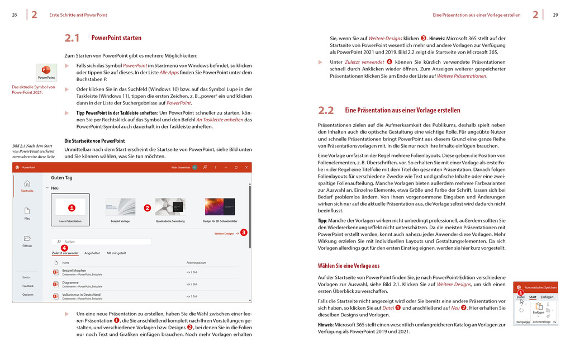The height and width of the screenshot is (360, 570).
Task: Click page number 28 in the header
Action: pos(14,15)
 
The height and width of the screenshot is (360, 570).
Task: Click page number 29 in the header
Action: pos(555,15)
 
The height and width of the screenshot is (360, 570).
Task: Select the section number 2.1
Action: pos(72,38)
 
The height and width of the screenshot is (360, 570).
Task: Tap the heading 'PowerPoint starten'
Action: pos(116,38)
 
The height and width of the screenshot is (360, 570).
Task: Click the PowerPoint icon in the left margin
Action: pos(46,73)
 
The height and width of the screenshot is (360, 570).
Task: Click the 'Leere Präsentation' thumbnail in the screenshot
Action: pos(70,208)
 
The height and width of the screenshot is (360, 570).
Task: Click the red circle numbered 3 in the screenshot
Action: pos(244,233)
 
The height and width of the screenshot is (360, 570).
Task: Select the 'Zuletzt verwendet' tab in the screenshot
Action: pos(65,253)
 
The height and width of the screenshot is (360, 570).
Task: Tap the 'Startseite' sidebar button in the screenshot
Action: pos(27,186)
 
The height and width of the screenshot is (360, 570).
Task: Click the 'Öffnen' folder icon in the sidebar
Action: pos(27,239)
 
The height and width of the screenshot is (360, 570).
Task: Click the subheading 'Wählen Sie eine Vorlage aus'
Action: pos(348,266)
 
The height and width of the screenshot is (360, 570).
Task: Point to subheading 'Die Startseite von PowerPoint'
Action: pos(94,141)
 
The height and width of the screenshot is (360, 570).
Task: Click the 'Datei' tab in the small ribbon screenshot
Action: pos(520,297)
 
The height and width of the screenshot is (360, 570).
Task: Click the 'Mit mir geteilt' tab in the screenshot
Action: pos(116,253)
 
